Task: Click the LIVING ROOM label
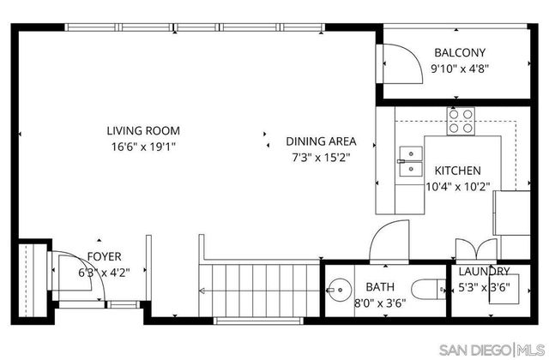pos(143,131)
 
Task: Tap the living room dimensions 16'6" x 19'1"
pos(143,147)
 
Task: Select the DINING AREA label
pos(321,141)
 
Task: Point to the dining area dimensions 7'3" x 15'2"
pos(321,157)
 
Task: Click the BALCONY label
pos(460,51)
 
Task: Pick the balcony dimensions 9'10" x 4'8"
pos(460,68)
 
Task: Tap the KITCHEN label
pos(457,171)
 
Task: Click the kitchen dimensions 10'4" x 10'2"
pos(457,186)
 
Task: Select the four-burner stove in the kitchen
pos(461,123)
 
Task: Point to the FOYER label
pos(104,256)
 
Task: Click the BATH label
pos(380,287)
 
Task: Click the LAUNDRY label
pos(483,271)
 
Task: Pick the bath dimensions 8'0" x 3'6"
pos(380,303)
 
